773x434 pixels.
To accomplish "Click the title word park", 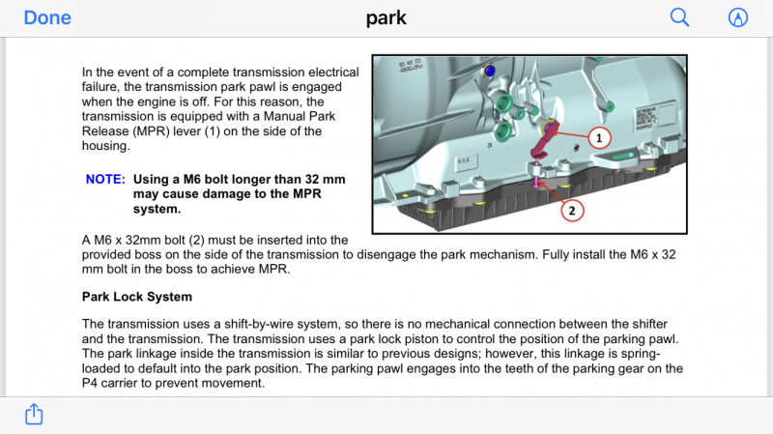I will point(386,17).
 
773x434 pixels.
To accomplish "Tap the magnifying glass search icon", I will point(680,17).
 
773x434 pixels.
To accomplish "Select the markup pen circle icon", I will point(738,17).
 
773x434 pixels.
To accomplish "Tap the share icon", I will point(34,414).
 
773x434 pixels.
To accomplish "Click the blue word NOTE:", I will point(105,180).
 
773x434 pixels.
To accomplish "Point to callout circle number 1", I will point(598,138).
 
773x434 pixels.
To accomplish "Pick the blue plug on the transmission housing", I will point(491,72).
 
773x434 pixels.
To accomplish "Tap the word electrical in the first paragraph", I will point(329,72).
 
